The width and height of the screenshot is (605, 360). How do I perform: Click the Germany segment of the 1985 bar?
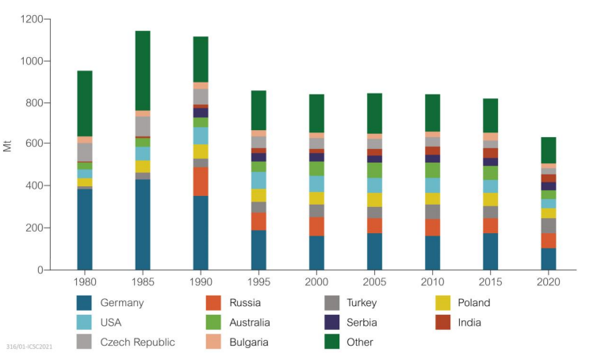click(143, 224)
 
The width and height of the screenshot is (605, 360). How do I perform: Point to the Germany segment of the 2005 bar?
click(375, 251)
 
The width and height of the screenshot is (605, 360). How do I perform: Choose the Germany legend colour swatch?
click(87, 303)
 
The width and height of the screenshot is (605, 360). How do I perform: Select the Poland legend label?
click(474, 303)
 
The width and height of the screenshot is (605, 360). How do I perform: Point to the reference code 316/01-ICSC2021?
click(29, 347)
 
